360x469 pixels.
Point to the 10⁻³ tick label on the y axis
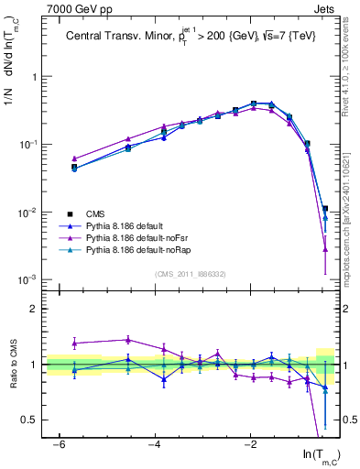pos(29,279)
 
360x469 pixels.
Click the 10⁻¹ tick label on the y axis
pos(29,145)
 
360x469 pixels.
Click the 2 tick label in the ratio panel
pos(35,309)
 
